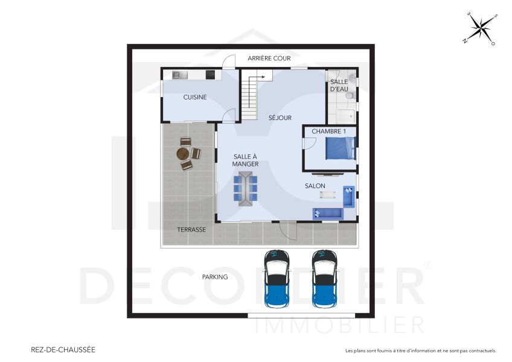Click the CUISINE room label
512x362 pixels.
click(195, 97)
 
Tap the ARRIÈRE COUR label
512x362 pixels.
click(269, 59)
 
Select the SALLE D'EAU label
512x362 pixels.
click(339, 86)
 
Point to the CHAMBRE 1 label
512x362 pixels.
click(329, 131)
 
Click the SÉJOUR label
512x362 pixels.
click(280, 118)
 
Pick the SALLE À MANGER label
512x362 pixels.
click(246, 160)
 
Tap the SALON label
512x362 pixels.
click(315, 186)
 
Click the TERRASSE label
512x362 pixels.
click(191, 230)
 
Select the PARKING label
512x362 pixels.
click(215, 277)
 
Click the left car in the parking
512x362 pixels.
click(277, 278)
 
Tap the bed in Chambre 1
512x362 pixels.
click(341, 148)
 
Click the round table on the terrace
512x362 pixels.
click(184, 153)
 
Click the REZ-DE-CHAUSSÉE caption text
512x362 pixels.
click(63, 349)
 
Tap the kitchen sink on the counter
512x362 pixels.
click(180, 75)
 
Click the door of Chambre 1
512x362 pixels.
click(309, 143)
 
